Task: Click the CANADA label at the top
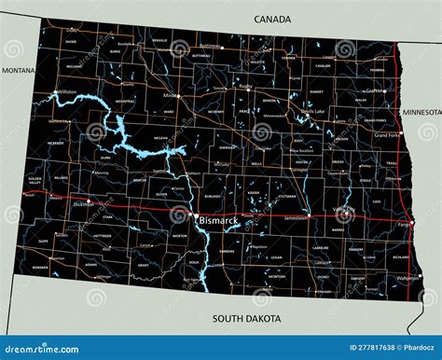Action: (272, 19)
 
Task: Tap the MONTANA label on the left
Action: (18, 70)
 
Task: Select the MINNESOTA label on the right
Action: (421, 112)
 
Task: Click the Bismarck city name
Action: (217, 220)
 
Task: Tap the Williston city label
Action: (67, 92)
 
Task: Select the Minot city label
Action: (170, 95)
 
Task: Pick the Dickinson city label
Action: (84, 202)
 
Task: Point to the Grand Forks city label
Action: (386, 135)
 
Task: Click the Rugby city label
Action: (245, 87)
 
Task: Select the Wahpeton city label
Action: (407, 278)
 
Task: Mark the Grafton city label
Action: (376, 90)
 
